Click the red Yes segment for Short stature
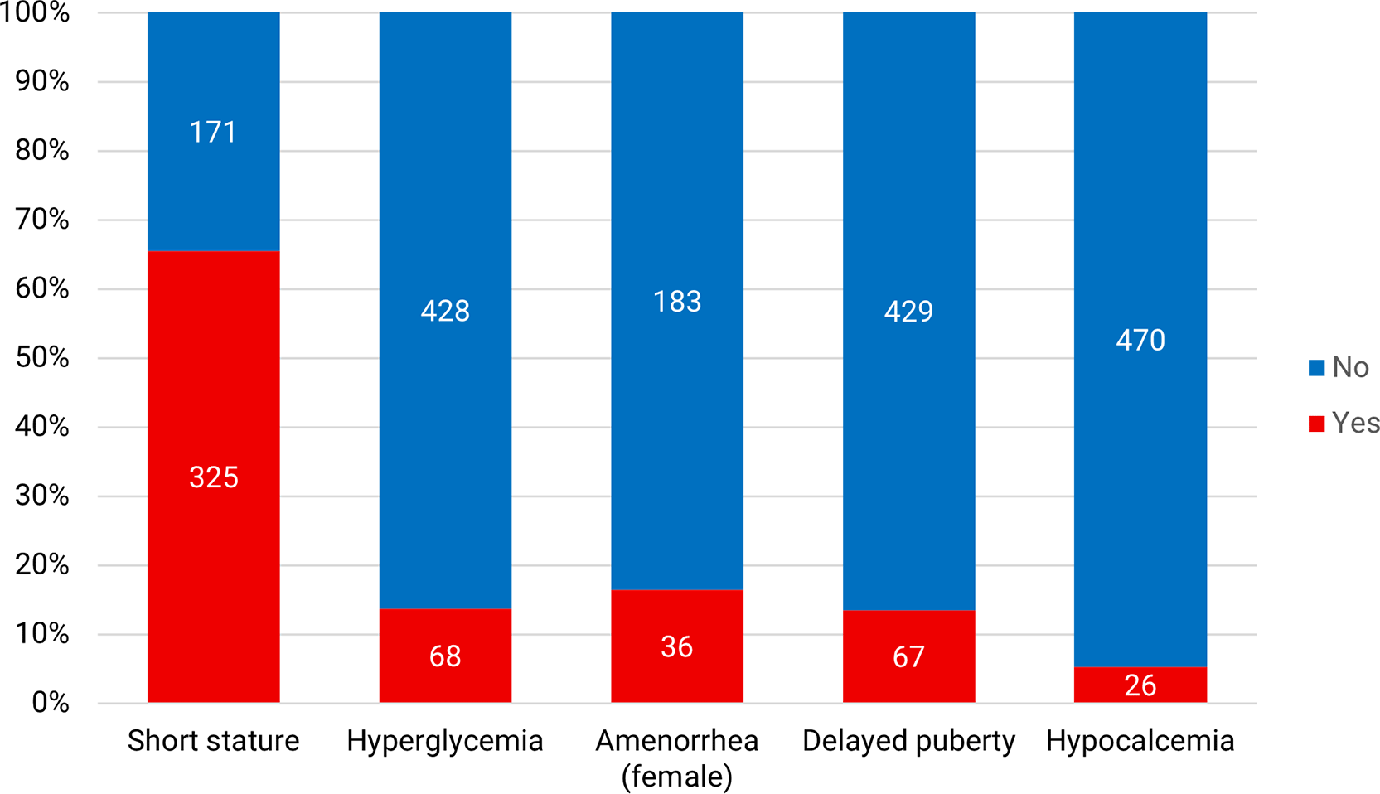tap(213, 477)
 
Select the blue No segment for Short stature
tap(213, 131)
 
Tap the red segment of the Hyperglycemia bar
tap(445, 656)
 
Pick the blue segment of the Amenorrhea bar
tap(677, 301)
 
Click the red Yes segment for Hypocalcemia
tap(1140, 685)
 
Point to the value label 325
tap(214, 477)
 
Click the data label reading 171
tap(213, 133)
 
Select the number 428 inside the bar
tap(445, 311)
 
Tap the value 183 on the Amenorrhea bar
tap(677, 302)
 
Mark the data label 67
tap(908, 657)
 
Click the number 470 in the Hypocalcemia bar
tap(1140, 340)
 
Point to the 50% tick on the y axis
tap(42, 358)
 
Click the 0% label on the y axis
tap(51, 703)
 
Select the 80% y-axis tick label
tap(42, 150)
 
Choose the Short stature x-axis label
tap(213, 740)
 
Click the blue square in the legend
tap(1316, 368)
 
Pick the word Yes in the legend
tap(1355, 423)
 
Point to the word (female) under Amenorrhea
tap(677, 776)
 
